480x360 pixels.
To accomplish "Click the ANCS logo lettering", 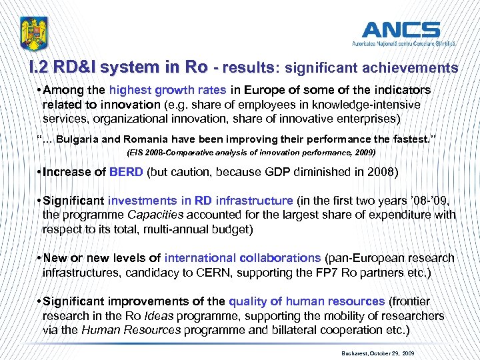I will point(401,29).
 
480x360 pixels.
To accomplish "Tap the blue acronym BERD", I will point(126,173).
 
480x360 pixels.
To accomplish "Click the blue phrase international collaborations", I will point(243,258).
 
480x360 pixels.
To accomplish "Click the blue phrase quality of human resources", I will point(307,301).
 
